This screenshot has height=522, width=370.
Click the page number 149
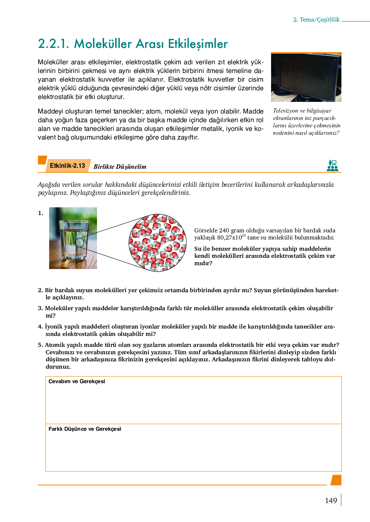pyautogui.click(x=331, y=501)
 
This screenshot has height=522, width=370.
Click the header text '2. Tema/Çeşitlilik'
pyautogui.click(x=316, y=20)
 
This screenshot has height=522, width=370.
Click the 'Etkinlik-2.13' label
pyautogui.click(x=67, y=166)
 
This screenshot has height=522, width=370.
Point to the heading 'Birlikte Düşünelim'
pyautogui.click(x=120, y=166)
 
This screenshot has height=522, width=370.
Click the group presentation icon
pyautogui.click(x=332, y=166)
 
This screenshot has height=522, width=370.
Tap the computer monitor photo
pyautogui.click(x=306, y=77)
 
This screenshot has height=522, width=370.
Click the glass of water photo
pyautogui.click(x=73, y=238)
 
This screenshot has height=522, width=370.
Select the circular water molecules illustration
pyautogui.click(x=157, y=242)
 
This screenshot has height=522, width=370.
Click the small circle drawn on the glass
pyautogui.click(x=80, y=242)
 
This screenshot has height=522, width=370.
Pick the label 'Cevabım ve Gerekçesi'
pyautogui.click(x=77, y=382)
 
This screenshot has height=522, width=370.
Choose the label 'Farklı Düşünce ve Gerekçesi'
pyautogui.click(x=85, y=429)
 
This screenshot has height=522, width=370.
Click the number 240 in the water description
pyautogui.click(x=224, y=230)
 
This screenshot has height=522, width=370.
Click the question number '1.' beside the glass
pyautogui.click(x=41, y=213)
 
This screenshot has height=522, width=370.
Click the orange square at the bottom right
pyautogui.click(x=336, y=480)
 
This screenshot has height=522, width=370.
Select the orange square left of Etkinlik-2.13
pyautogui.click(x=42, y=160)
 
